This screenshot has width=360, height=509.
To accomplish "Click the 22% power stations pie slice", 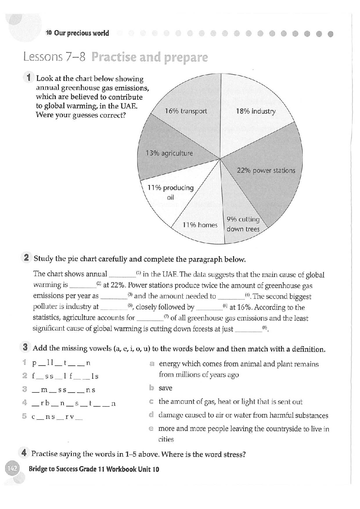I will coord(266,171).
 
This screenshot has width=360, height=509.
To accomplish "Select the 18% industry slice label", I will coord(255,111).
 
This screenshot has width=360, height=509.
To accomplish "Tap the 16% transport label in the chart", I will coord(185,111).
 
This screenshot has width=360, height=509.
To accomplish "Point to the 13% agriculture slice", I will coord(169,153).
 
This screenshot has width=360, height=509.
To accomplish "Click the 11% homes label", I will coord(200,225).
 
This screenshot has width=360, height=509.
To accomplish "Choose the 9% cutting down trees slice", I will coord(243,224).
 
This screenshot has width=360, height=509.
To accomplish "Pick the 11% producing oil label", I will coord(170,192).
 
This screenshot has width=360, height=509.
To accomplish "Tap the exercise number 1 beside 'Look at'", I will coord(29,78).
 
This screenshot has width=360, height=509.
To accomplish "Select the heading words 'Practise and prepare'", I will coord(150,57).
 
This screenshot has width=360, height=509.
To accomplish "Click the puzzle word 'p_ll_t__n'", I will coord(61,363).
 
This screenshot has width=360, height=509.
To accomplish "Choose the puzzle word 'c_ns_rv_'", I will coord(57,417).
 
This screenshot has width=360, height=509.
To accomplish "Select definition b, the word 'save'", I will coord(165,388).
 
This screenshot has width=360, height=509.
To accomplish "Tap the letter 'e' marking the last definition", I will coord(151,429).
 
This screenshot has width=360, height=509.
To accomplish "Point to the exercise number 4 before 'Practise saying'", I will coord(24,453).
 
